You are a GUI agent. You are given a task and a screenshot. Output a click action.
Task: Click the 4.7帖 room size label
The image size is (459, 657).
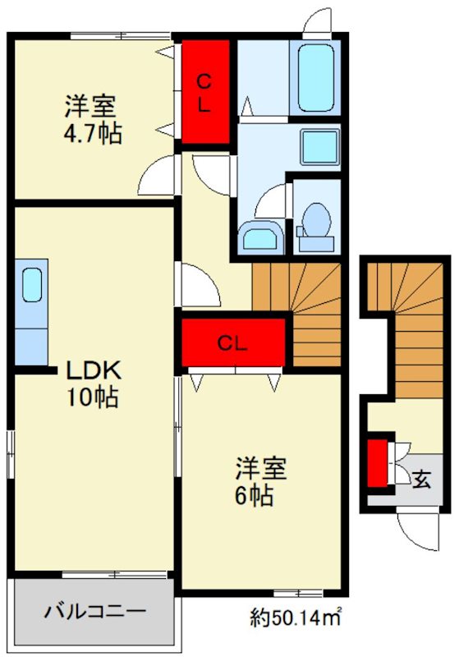(x=94, y=134)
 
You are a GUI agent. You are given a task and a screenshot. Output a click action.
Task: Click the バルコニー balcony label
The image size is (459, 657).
(x=95, y=612)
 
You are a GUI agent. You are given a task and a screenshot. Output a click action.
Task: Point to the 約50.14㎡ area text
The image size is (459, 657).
(x=296, y=614)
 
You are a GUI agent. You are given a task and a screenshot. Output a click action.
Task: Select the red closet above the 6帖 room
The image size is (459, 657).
(x=232, y=343)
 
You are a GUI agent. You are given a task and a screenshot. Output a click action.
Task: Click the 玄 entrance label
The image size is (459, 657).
(x=420, y=479)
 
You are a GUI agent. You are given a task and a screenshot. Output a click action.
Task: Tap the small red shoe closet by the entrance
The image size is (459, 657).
(x=377, y=464)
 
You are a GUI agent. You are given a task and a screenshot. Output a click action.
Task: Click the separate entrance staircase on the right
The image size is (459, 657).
(x=407, y=337)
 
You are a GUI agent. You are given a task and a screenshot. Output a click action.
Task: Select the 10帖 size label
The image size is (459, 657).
(x=92, y=398)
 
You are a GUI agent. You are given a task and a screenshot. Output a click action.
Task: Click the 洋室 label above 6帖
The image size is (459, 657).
(x=260, y=468)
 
